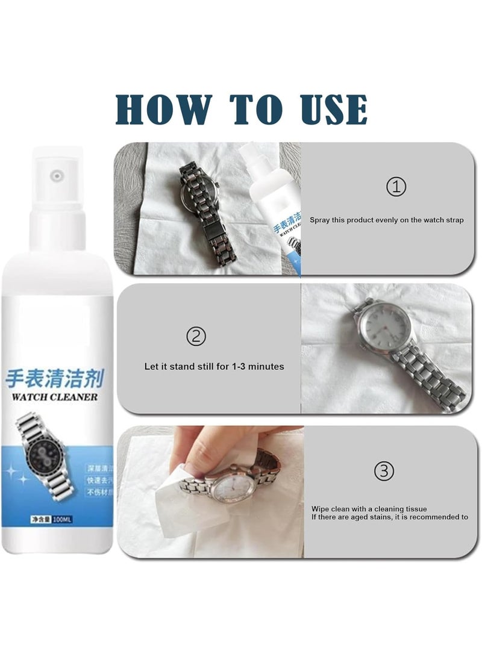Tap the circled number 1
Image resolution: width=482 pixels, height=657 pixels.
pos(396,187)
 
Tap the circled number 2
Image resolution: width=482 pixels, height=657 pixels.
pos(196,337)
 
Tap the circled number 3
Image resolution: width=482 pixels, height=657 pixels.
pos(384,472)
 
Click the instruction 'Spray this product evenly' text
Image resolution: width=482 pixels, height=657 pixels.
pos(387,220)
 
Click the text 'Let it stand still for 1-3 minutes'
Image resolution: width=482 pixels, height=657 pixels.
pos(214,366)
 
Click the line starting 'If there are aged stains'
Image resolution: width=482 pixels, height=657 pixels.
pos(390,517)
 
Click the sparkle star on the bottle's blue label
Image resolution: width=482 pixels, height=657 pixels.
pos(22,479)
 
